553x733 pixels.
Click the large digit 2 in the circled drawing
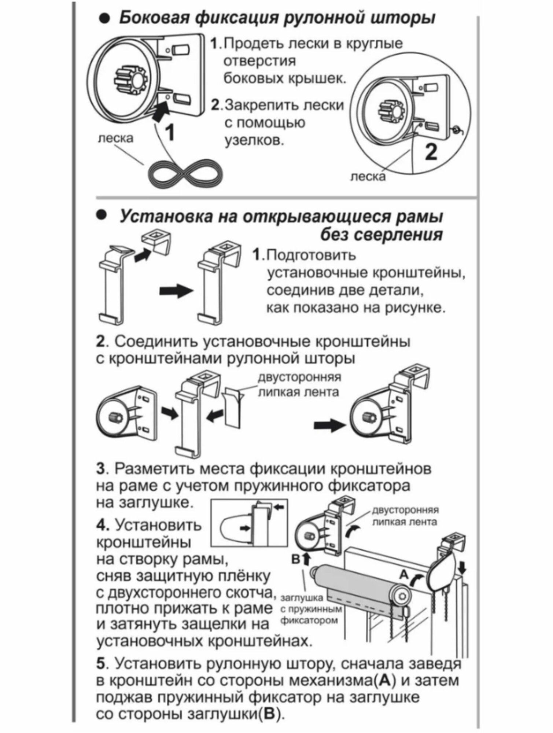point(431,151)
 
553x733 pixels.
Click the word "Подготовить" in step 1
point(311,255)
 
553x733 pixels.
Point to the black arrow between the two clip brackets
point(176,291)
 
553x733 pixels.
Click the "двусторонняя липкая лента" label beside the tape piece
point(300,385)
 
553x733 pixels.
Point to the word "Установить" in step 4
point(159,526)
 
